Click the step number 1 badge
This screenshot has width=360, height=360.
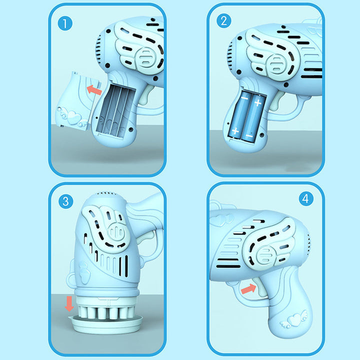point(65,23)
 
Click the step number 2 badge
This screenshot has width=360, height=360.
point(223,21)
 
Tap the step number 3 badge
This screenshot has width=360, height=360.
point(66,201)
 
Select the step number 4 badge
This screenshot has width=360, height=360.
point(306,199)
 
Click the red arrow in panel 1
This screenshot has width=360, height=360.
point(94,90)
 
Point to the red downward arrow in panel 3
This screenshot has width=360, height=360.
point(69,303)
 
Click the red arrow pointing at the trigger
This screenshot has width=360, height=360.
point(248,288)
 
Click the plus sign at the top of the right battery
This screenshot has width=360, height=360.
point(258,102)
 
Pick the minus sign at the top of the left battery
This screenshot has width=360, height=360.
point(244,98)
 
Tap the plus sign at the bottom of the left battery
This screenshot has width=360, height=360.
point(235,131)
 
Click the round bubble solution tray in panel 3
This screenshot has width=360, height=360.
point(105,323)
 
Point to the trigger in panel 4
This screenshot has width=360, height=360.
point(261,287)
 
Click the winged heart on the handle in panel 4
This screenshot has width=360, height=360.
point(293,319)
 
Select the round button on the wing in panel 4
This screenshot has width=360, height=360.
point(265,255)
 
